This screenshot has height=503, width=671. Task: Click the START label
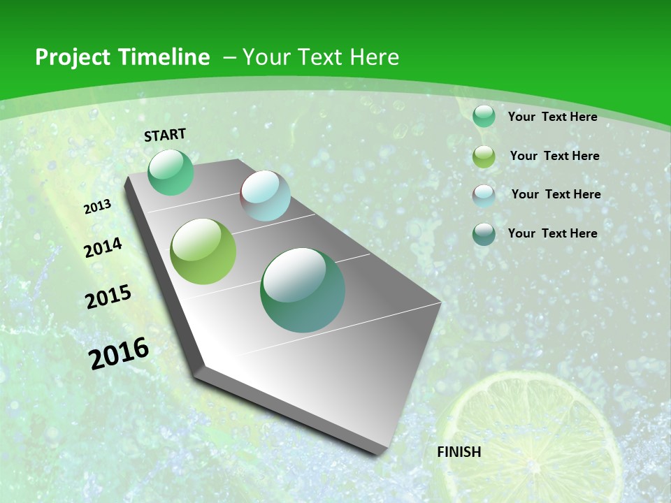pyautogui.click(x=165, y=135)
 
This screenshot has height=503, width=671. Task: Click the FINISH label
pyautogui.click(x=459, y=451)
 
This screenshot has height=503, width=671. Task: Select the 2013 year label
pyautogui.click(x=98, y=207)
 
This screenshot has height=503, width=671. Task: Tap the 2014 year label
pyautogui.click(x=103, y=247)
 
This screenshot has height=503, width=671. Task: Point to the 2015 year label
pyautogui.click(x=108, y=296)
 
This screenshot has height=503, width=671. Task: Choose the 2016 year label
pyautogui.click(x=119, y=353)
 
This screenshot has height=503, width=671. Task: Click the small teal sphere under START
pyautogui.click(x=171, y=172)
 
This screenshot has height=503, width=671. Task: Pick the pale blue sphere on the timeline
pyautogui.click(x=265, y=196)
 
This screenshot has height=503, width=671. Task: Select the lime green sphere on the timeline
pyautogui.click(x=203, y=251)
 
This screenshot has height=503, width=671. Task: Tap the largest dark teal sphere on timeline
pyautogui.click(x=303, y=290)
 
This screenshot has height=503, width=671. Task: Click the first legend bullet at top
pyautogui.click(x=484, y=117)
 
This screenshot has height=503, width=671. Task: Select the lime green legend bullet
pyautogui.click(x=484, y=156)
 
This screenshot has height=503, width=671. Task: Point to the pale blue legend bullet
pyautogui.click(x=484, y=196)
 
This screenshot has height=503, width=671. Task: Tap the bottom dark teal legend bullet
pyautogui.click(x=484, y=234)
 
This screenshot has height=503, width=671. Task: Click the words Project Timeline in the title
pyautogui.click(x=122, y=57)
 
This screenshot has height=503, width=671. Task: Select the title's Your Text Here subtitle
pyautogui.click(x=320, y=57)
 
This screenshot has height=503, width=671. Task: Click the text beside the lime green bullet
pyautogui.click(x=554, y=156)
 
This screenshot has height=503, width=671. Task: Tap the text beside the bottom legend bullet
pyautogui.click(x=552, y=233)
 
